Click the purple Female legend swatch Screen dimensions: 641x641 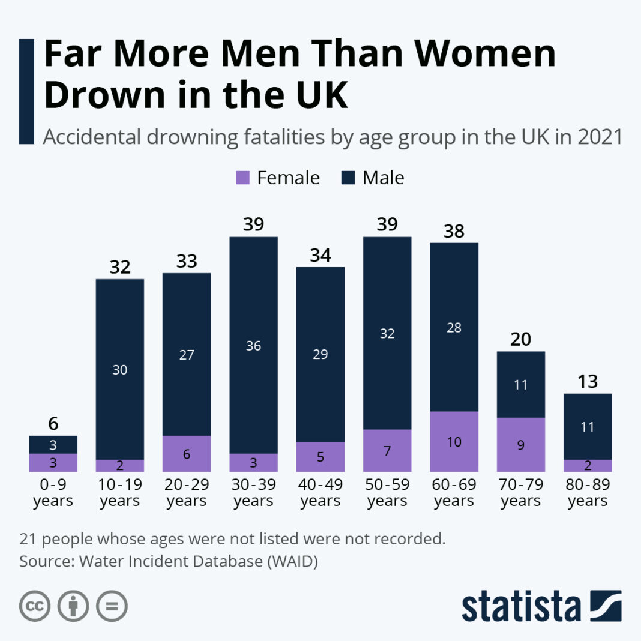coord(242,178)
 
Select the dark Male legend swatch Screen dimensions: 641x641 coord(348,178)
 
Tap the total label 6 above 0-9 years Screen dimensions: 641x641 coord(53,423)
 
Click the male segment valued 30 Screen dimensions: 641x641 coord(120,369)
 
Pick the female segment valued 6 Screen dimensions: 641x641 coord(187,454)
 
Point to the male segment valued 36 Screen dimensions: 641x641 coord(254,345)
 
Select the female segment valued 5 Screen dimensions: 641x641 coord(320,457)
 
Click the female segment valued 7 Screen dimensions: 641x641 coord(387,450)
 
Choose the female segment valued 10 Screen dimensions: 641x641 coord(454,441)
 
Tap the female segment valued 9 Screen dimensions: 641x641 coord(521,445)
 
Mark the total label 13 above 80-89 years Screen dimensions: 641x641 coord(588,382)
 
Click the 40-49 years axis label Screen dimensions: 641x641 coord(320,492)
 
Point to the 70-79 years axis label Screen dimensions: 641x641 coord(521,492)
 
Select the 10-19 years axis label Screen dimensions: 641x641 coord(120,492)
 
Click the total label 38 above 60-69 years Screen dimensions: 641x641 coord(454,231)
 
